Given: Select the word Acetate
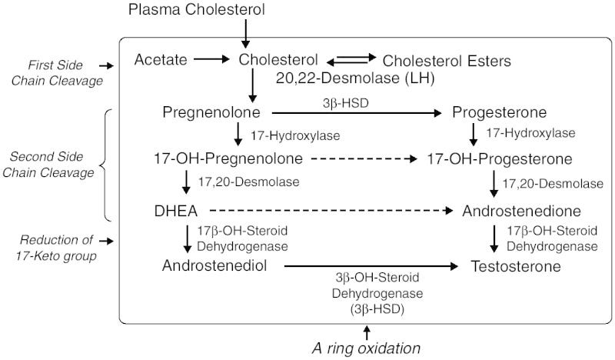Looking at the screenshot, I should tap(160, 59).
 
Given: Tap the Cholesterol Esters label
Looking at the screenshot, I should tap(447, 60).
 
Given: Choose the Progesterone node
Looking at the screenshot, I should tap(500, 113).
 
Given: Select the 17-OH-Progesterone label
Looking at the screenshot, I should tap(500, 160).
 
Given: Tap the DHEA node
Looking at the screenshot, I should tap(178, 210).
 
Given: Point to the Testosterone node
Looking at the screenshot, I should tap(516, 265).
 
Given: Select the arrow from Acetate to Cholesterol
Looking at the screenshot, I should tap(211, 59).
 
